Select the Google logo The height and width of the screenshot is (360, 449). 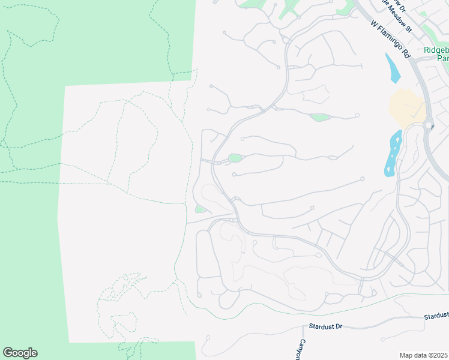20,353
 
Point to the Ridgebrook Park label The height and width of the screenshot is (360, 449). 437,55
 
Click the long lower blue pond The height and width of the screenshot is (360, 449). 393,155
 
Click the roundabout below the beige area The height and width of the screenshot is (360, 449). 429,126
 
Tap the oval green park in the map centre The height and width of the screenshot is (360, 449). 235,158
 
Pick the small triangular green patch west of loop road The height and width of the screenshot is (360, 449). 200,209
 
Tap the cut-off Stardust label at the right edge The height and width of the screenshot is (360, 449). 436,316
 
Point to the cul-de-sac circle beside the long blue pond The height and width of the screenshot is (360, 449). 363,179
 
